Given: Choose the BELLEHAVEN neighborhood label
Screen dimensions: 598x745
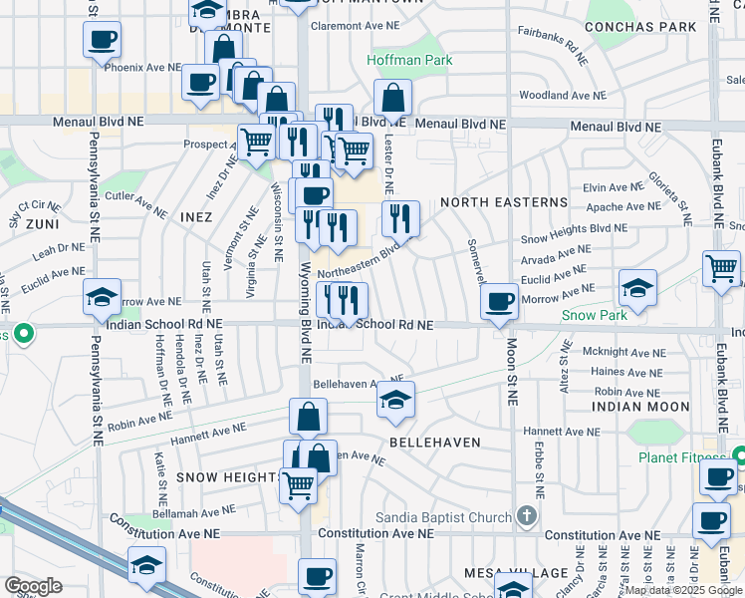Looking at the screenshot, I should click(x=434, y=442).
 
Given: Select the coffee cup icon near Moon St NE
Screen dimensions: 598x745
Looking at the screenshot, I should click(x=500, y=301).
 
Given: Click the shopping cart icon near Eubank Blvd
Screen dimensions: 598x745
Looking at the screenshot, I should click(x=721, y=267).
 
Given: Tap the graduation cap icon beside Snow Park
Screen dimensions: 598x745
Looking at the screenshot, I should click(x=637, y=288).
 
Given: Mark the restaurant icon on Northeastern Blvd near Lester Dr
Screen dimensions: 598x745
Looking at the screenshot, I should click(x=400, y=217).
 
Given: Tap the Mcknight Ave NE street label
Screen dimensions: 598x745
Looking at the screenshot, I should click(x=623, y=352).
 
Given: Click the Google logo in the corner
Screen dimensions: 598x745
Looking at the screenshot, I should click(x=33, y=585).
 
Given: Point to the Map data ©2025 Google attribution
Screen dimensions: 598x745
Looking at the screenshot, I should click(x=683, y=590).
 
